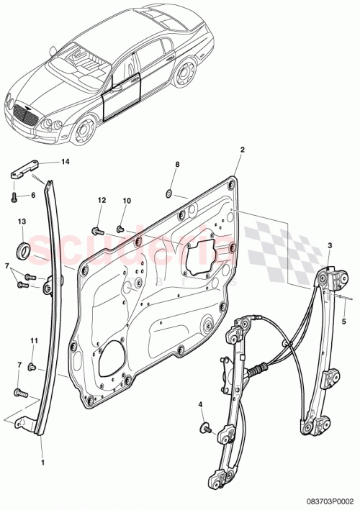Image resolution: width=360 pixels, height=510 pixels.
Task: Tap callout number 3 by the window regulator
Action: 329,246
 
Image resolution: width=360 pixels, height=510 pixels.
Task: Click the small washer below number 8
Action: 166,193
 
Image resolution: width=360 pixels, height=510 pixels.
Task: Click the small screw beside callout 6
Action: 16,194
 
